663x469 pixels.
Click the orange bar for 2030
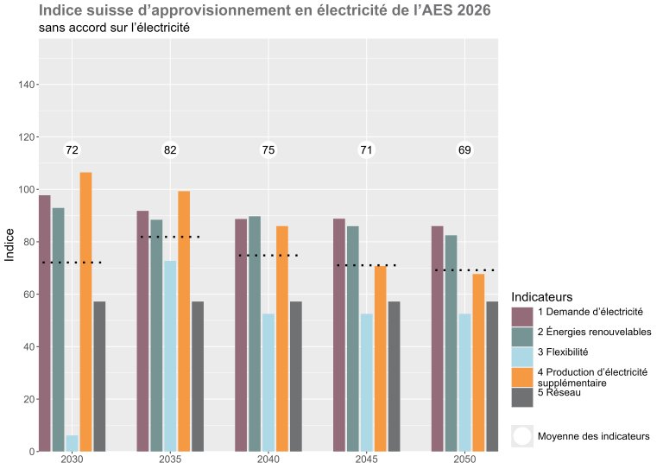coord(85,311)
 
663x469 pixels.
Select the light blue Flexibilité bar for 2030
coord(72,443)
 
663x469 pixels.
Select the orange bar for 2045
coord(380,358)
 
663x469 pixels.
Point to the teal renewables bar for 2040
coord(255,333)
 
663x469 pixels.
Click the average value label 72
coord(73,150)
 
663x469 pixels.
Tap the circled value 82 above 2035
coord(170,150)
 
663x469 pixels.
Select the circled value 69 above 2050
coord(464,150)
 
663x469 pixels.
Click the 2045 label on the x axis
coord(366,459)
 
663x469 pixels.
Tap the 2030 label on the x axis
coord(72,459)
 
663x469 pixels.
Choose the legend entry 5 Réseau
coord(559,394)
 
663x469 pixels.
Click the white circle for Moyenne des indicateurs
coord(521,436)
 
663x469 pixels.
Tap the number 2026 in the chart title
coord(471,10)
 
